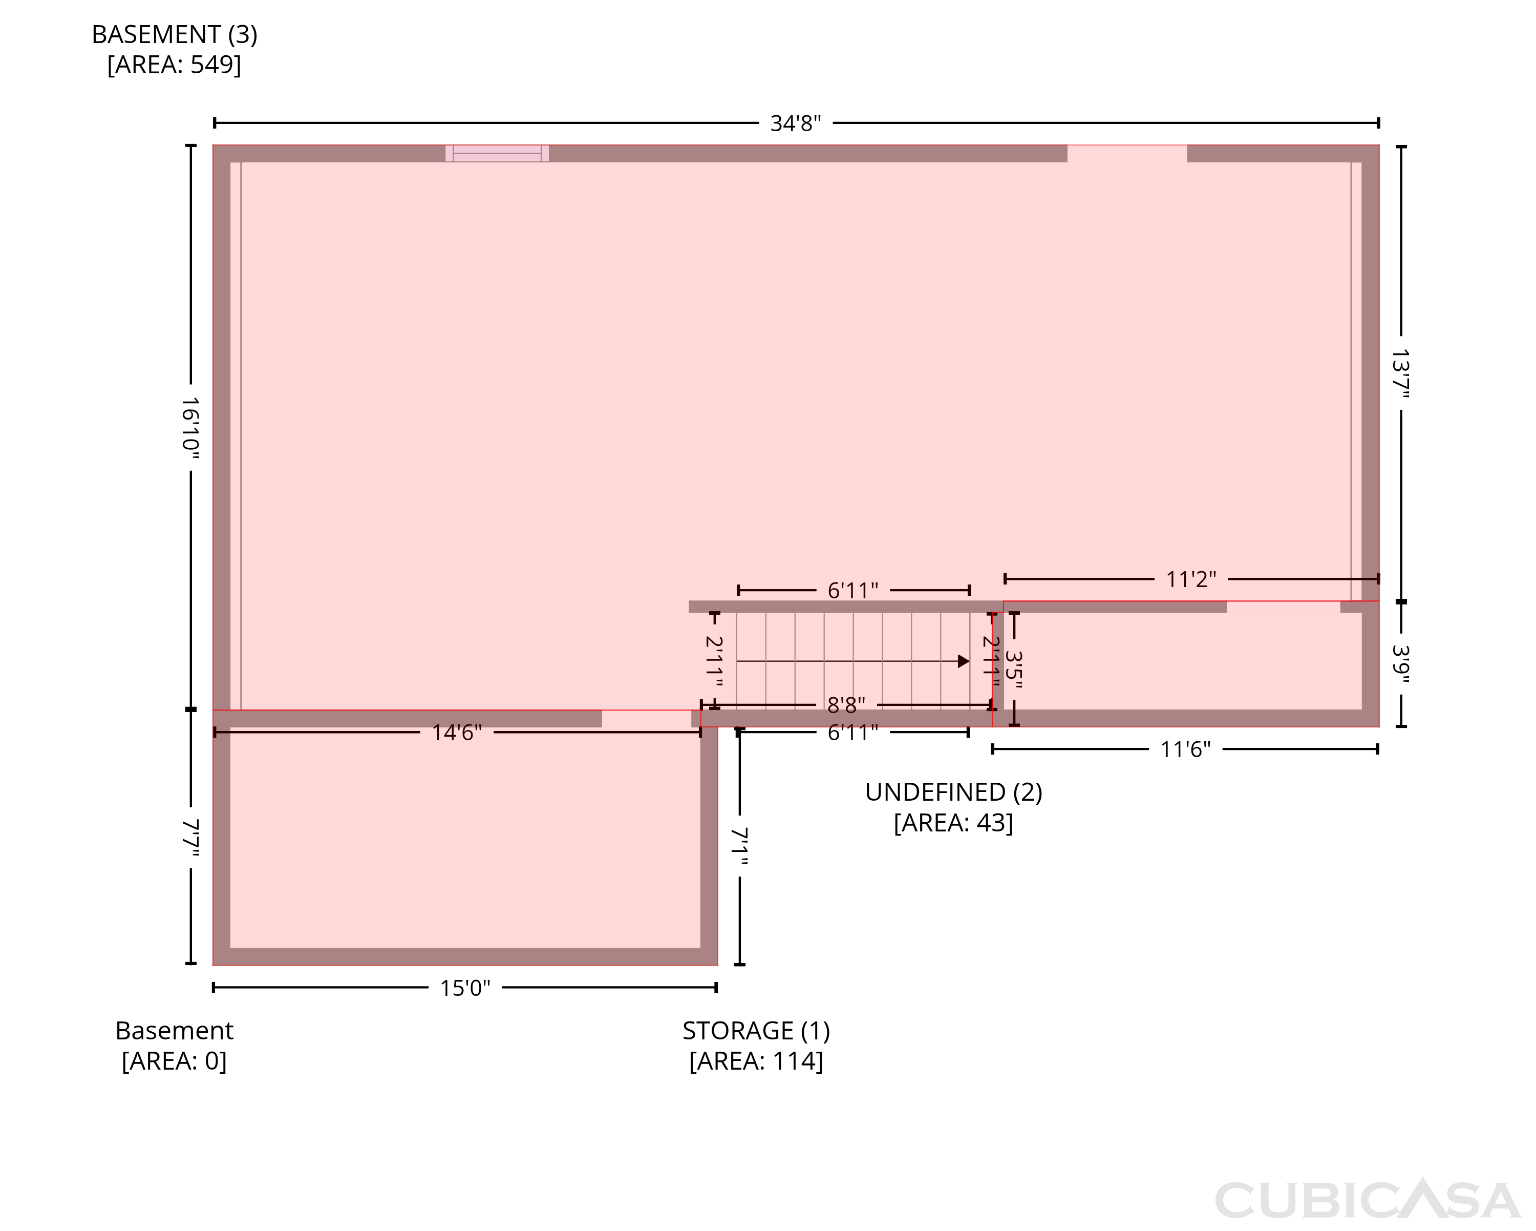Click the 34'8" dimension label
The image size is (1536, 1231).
795,123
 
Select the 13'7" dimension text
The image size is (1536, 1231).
1401,373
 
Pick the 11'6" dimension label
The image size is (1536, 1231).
1185,749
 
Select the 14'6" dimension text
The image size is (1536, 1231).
457,733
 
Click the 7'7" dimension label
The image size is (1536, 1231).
190,837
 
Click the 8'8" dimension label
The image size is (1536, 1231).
846,705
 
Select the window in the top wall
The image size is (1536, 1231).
497,153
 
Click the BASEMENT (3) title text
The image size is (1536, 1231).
175,34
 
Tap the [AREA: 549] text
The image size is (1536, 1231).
175,65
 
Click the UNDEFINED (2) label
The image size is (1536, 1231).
953,792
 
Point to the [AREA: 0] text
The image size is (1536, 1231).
175,1061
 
